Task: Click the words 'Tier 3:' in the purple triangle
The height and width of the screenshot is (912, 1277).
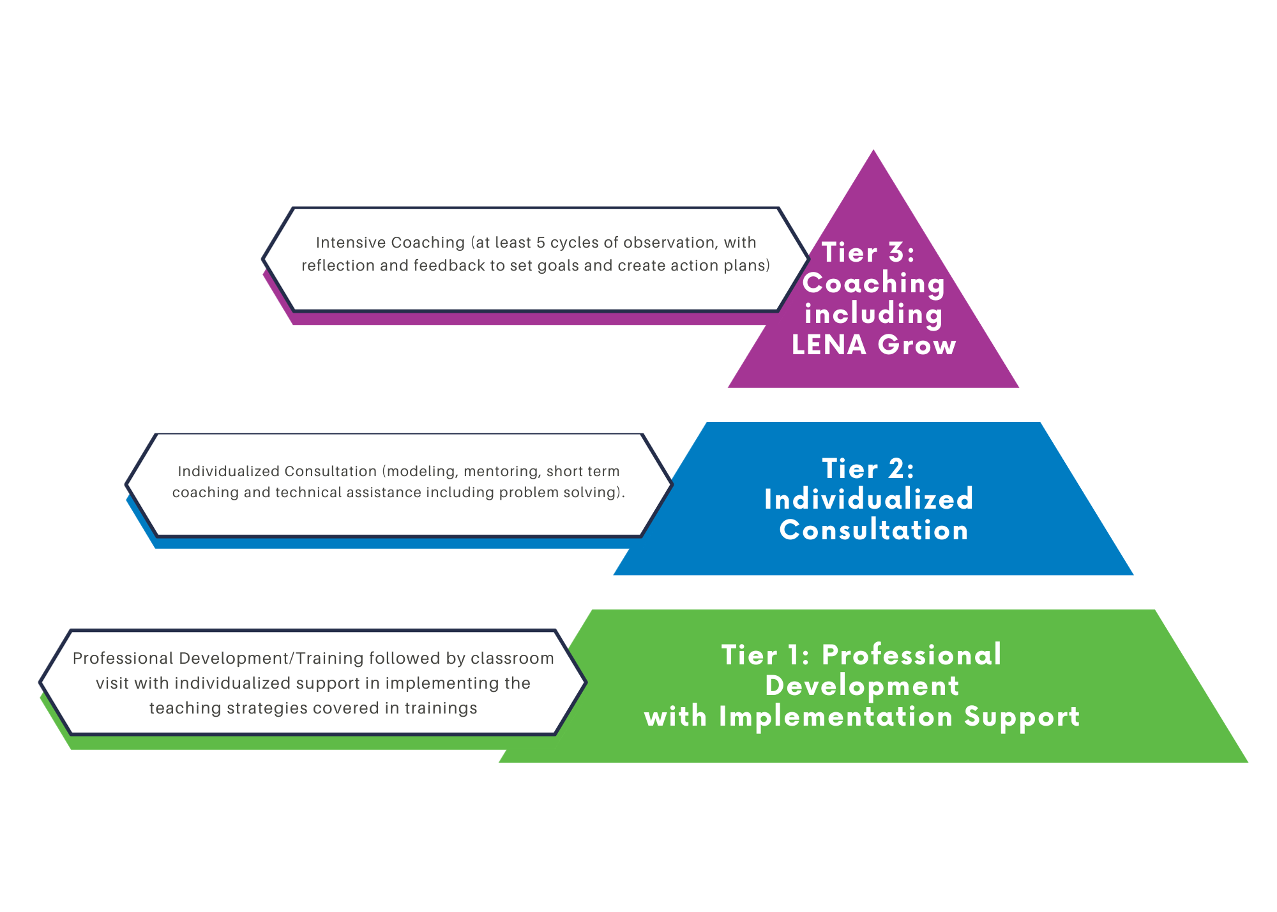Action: pyautogui.click(x=868, y=252)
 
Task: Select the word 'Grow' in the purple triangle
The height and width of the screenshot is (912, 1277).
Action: pyautogui.click(x=917, y=345)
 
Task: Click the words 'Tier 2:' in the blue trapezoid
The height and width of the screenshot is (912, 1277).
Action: pyautogui.click(x=868, y=468)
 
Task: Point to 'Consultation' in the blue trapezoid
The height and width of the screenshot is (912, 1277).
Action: pyautogui.click(x=873, y=530)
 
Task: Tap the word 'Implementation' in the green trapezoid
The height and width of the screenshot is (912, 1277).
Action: pyautogui.click(x=836, y=717)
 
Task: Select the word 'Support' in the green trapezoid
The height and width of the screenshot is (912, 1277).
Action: pyautogui.click(x=1022, y=717)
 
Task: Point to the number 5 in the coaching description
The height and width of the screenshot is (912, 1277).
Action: pyautogui.click(x=541, y=243)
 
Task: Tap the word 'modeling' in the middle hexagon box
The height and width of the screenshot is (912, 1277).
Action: pyautogui.click(x=422, y=471)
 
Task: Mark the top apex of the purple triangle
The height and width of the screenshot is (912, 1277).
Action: pyautogui.click(x=873, y=152)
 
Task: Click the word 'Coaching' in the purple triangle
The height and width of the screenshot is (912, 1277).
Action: pyautogui.click(x=873, y=283)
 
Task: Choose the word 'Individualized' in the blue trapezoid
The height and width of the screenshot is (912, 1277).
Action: pyautogui.click(x=868, y=499)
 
